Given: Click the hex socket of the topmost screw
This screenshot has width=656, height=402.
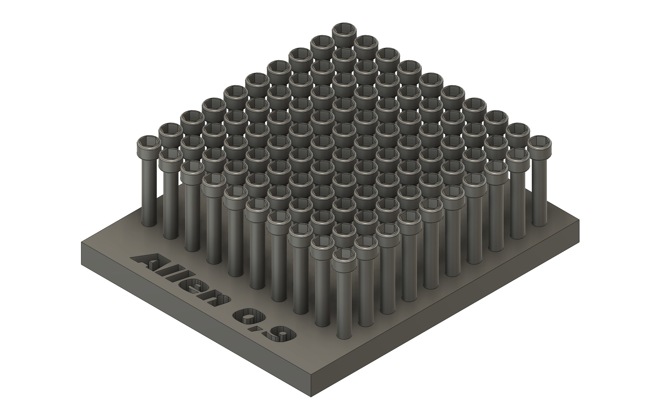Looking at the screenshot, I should [x=344, y=29].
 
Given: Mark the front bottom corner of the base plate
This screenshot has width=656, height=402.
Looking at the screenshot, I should [x=311, y=397].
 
